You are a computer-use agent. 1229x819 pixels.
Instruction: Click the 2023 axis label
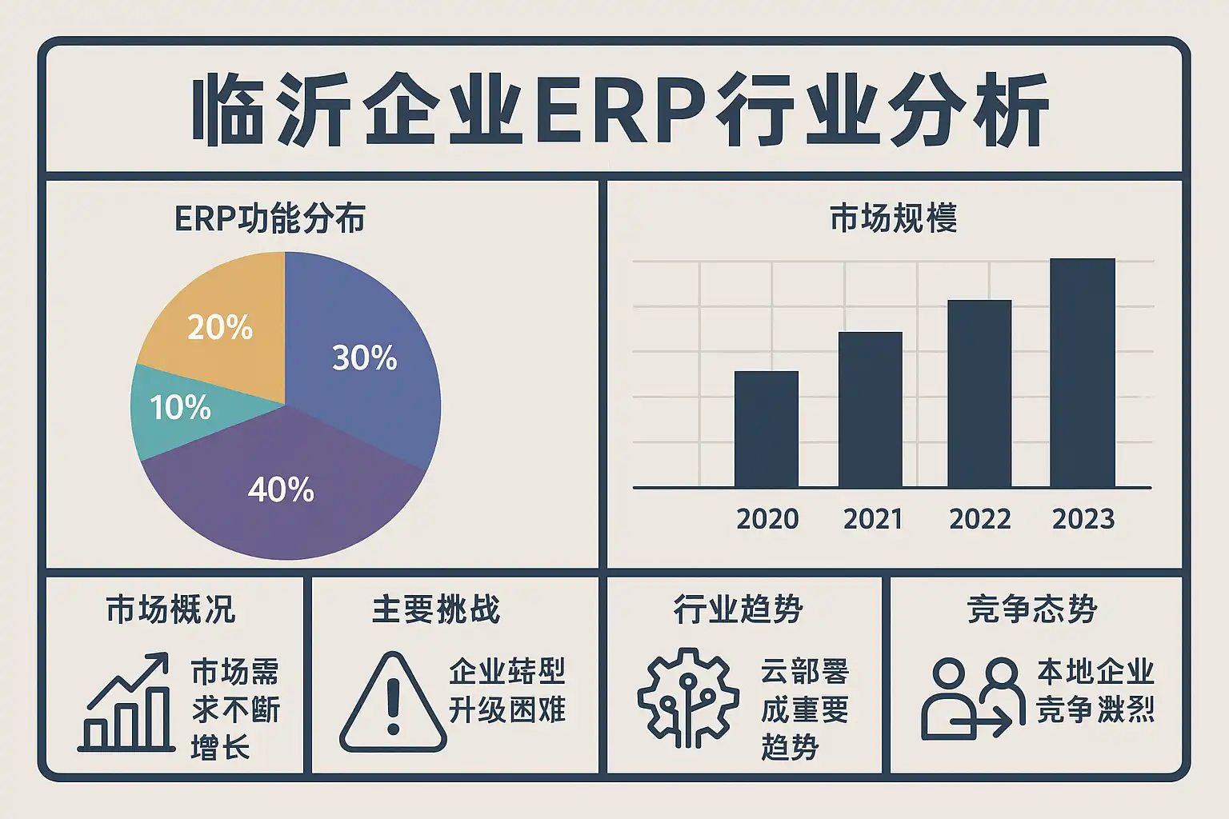point(1083,519)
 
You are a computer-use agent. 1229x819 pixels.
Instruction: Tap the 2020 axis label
point(767,519)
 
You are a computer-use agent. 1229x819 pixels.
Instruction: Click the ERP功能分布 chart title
point(270,218)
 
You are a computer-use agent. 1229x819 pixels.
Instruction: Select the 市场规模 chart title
point(893,218)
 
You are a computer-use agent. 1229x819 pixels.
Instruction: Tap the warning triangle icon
point(393,704)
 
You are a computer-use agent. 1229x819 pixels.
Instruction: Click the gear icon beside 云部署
point(688,697)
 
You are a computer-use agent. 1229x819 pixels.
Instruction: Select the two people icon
point(973,699)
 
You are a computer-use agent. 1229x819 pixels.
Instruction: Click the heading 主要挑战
point(436,609)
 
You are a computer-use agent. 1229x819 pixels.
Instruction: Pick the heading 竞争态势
point(1032,609)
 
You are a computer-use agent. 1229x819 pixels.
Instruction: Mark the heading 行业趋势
point(738,609)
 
